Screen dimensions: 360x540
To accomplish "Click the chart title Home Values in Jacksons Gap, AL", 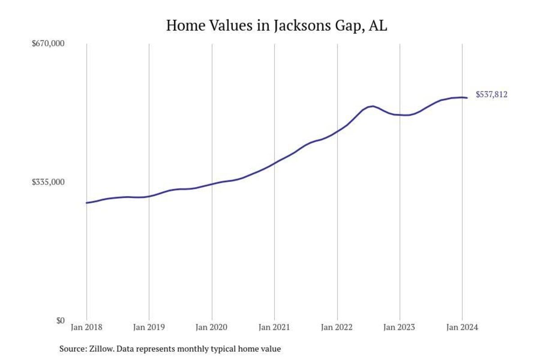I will click(276, 25).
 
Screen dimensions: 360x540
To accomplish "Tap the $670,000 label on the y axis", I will click(48, 44).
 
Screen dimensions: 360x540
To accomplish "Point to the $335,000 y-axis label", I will click(48, 182).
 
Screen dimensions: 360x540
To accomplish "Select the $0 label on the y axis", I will click(60, 320).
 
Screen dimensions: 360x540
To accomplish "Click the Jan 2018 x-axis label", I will click(86, 328).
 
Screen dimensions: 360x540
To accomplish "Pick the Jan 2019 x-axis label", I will click(149, 328).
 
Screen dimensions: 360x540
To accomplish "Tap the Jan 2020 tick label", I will click(212, 328).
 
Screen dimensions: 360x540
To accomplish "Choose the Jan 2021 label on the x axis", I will click(274, 328).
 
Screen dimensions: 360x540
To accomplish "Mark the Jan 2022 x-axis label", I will click(337, 328).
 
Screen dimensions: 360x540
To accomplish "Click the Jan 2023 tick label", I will click(400, 328).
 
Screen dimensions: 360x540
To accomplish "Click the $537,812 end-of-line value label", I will click(491, 94).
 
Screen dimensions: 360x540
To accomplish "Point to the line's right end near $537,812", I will click(467, 98).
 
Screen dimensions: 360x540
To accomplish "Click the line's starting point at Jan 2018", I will click(86, 203).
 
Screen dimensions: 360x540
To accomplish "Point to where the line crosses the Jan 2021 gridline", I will click(274, 162).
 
